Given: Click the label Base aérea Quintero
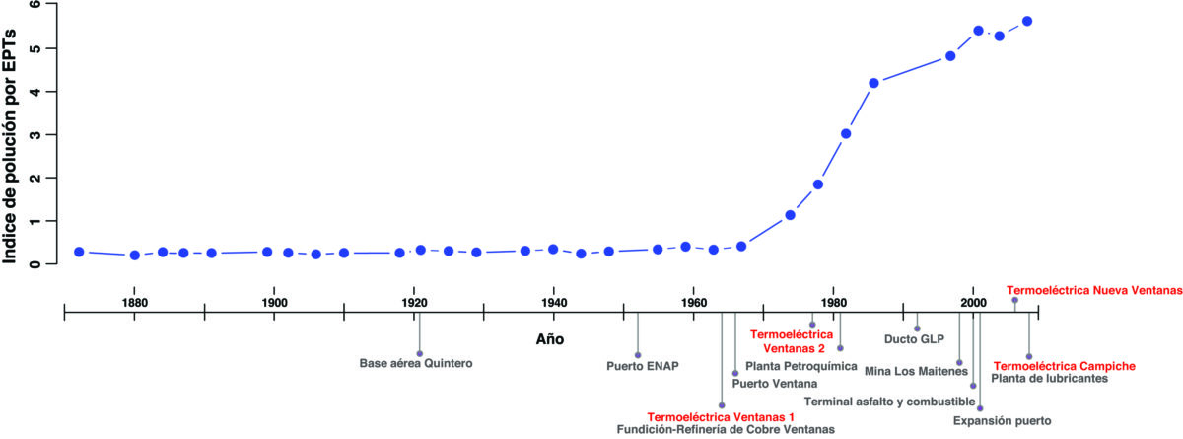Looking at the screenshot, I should pos(416,363).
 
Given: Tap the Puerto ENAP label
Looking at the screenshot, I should pos(643,366).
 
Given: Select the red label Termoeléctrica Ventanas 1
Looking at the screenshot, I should pos(720,417).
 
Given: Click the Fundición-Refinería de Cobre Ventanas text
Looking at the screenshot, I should pos(726,429).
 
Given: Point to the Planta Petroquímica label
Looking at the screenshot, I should pos(795,365).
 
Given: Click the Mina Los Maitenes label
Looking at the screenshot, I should pos(907,372).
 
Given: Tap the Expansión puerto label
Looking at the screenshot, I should pos(1003,421).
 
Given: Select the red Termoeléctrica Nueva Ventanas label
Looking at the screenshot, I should pos(1093,291).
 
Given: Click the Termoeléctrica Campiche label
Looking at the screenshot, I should pos(1064,366).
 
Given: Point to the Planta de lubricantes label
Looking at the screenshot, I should pos(1049,378).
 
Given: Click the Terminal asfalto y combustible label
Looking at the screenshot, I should pos(889,401).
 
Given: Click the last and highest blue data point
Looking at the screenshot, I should pos(1027,21).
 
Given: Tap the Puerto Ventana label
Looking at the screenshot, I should pos(775,384).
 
